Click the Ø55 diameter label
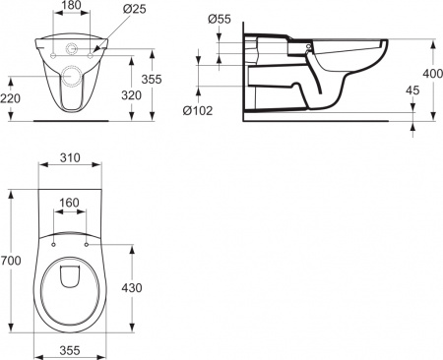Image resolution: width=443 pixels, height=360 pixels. [221, 20]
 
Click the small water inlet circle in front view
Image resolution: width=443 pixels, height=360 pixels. [71, 46]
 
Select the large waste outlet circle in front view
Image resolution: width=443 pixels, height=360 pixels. [71, 76]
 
